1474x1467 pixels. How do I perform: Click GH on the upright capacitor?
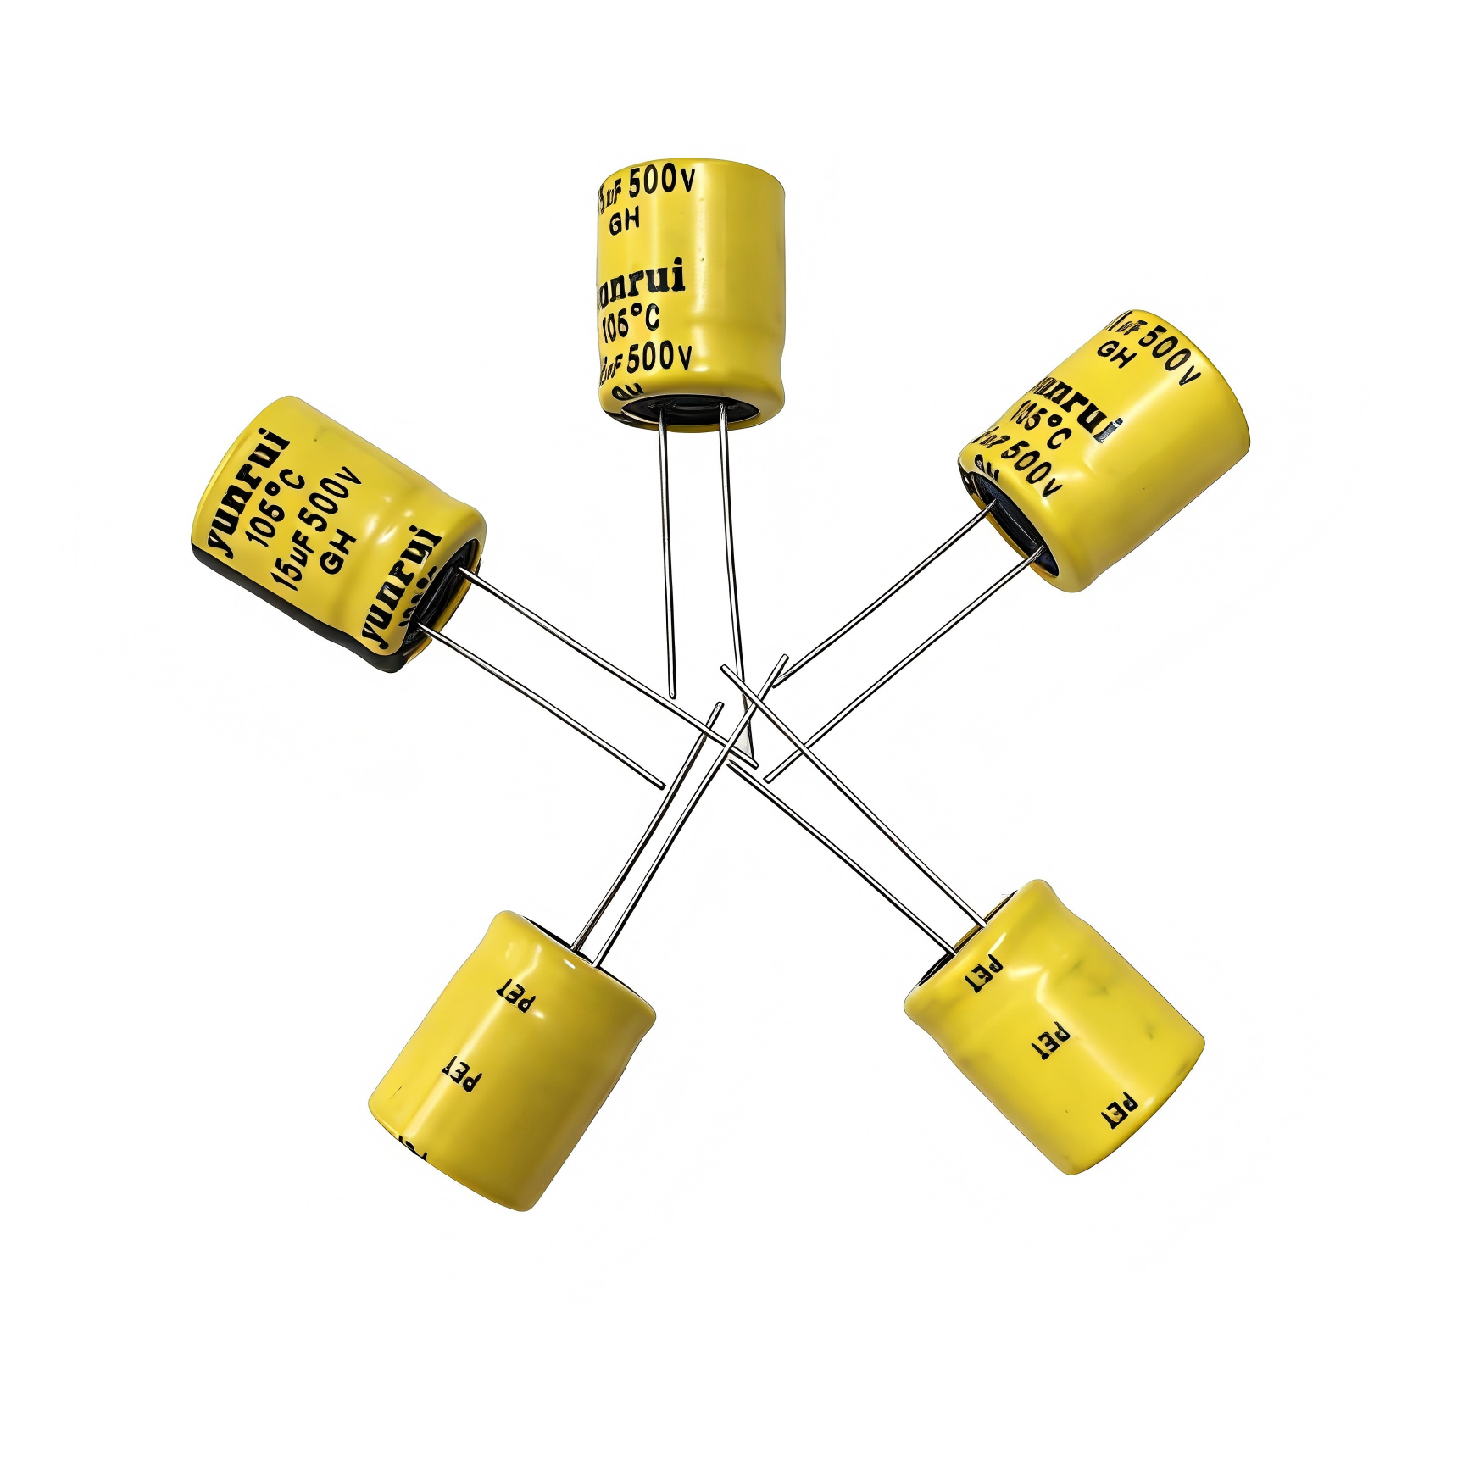(x=625, y=223)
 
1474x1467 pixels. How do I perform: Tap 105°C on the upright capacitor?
(x=630, y=323)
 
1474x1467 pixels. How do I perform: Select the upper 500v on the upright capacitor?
(x=662, y=181)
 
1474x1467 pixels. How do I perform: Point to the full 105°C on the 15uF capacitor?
(x=273, y=508)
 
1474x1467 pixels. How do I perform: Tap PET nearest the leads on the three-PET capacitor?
(x=983, y=975)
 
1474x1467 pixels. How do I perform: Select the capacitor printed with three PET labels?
(x=1055, y=1030)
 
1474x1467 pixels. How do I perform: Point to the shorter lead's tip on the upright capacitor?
(x=673, y=695)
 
